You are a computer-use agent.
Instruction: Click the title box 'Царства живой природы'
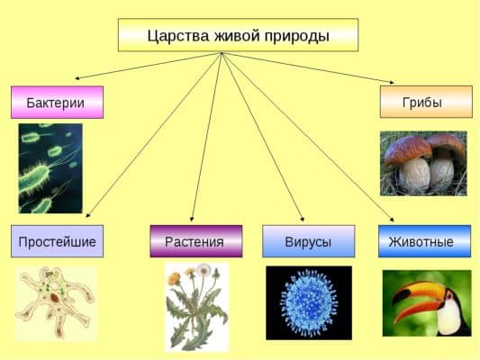pyautogui.click(x=238, y=35)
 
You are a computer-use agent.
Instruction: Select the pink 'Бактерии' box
pyautogui.click(x=57, y=102)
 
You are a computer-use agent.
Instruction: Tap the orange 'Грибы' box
pyautogui.click(x=425, y=102)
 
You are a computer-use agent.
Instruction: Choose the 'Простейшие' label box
pyautogui.click(x=57, y=241)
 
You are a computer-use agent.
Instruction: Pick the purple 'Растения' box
pyautogui.click(x=195, y=241)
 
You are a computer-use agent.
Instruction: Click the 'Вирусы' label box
pyautogui.click(x=308, y=241)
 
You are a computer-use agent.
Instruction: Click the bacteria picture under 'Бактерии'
pyautogui.click(x=50, y=168)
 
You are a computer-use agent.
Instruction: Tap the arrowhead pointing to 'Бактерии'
pyautogui.click(x=77, y=79)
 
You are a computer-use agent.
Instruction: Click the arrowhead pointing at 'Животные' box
pyautogui.click(x=393, y=220)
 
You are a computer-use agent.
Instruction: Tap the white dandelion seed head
pyautogui.click(x=204, y=270)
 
